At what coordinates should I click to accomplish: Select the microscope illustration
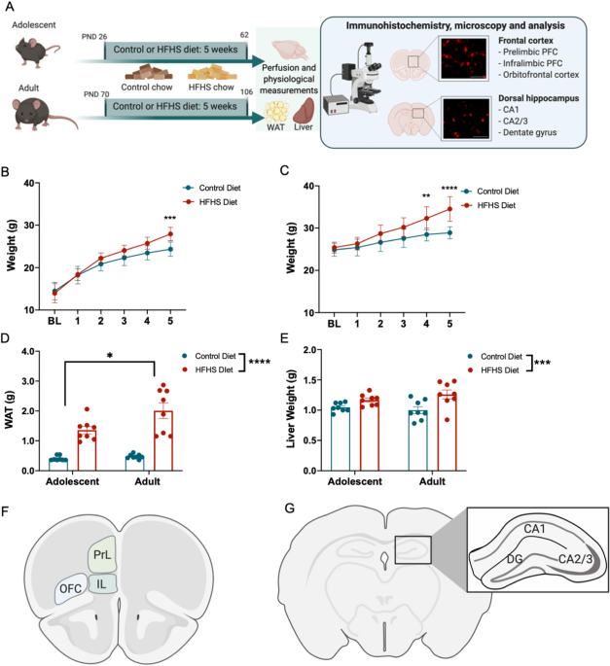click(365, 73)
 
